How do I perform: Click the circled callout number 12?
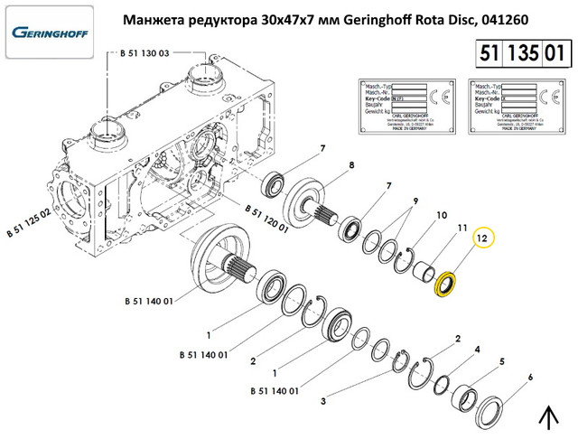point(482,238)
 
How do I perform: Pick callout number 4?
point(478,349)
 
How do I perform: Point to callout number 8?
point(351,165)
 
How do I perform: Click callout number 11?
point(461,228)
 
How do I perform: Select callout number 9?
point(417,201)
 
